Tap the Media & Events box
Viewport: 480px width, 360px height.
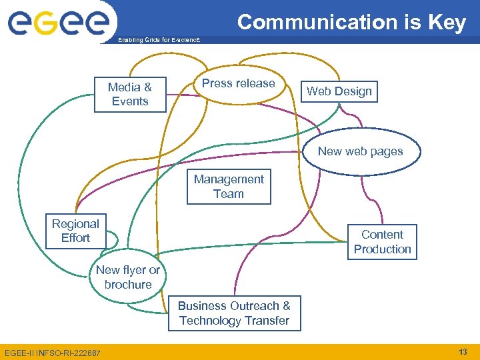point(130,94)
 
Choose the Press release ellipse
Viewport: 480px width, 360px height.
point(238,84)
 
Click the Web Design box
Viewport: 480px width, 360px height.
point(339,91)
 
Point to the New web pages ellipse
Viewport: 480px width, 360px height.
point(360,151)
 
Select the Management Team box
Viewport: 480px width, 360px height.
point(229,187)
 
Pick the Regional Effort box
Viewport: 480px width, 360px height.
point(75,231)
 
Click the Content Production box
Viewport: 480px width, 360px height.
point(382,242)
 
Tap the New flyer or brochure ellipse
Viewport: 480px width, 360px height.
point(128,277)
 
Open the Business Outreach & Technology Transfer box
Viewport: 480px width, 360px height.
point(234,313)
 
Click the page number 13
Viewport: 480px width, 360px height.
point(463,351)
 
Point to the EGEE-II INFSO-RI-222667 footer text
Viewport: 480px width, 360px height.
point(53,353)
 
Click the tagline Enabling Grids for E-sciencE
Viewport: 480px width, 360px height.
point(158,41)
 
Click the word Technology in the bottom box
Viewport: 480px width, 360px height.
point(211,321)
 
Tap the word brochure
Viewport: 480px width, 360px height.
point(128,285)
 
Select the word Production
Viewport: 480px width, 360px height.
point(382,249)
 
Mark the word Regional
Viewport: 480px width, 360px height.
point(75,224)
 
